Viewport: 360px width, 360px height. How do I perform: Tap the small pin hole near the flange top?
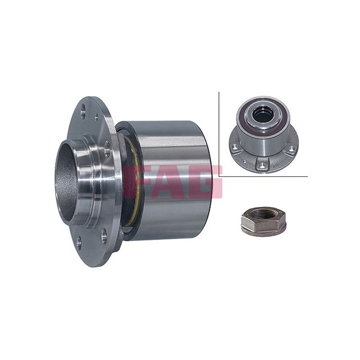tap(97, 116)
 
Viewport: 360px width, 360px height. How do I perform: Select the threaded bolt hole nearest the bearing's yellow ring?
tap(107, 149)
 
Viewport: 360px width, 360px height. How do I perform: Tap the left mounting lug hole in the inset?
tap(234, 146)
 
